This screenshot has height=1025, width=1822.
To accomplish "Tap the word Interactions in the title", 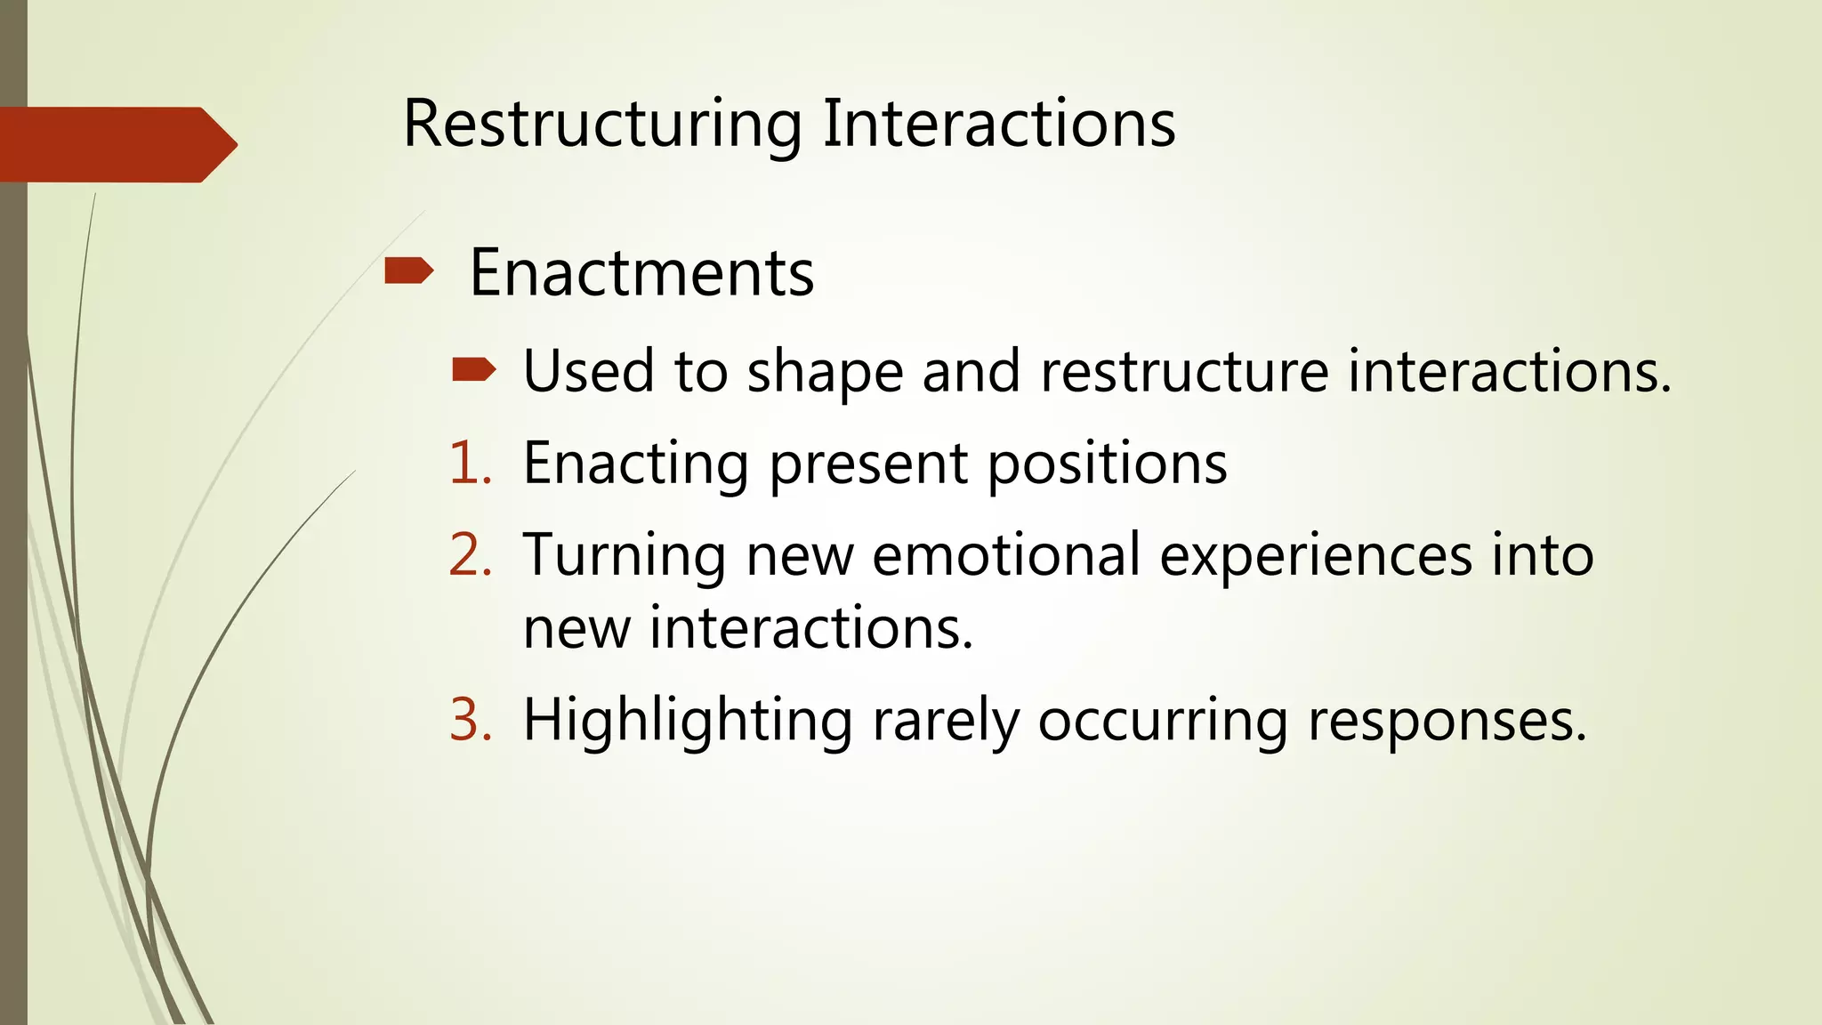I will pyautogui.click(x=998, y=124).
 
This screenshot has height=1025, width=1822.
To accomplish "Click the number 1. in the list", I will pyautogui.click(x=471, y=463).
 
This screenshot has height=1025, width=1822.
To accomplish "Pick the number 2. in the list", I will pyautogui.click(x=471, y=554).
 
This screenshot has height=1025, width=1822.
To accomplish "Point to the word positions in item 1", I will pyautogui.click(x=1107, y=464).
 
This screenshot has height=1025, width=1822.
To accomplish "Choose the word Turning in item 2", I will pyautogui.click(x=624, y=556).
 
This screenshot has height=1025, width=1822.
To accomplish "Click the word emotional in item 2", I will pyautogui.click(x=1005, y=554).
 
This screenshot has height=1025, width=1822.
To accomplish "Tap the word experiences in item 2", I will pyautogui.click(x=1316, y=556).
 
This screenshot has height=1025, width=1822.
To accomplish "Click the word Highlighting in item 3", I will pyautogui.click(x=687, y=721).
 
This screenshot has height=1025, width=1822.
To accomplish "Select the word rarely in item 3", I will pyautogui.click(x=945, y=721).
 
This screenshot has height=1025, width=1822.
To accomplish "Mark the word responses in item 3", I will pyautogui.click(x=1447, y=721).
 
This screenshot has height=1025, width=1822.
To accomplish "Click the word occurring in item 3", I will pyautogui.click(x=1162, y=721).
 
